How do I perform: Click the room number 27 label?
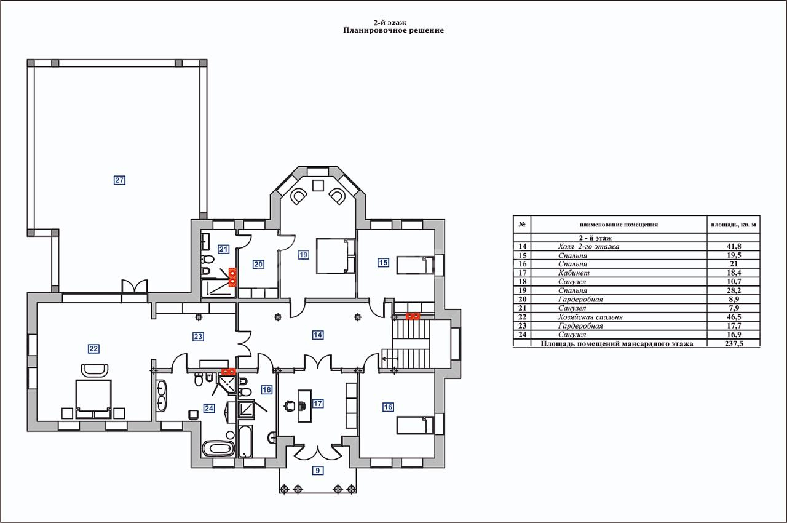click(x=119, y=180)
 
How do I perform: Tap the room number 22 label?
click(x=93, y=349)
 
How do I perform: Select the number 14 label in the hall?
click(x=317, y=335)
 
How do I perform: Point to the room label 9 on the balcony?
click(x=317, y=471)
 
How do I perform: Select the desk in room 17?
click(x=304, y=405)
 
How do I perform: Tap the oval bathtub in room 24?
click(x=218, y=448)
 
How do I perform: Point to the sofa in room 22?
click(x=95, y=370)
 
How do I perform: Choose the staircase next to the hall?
click(x=413, y=345)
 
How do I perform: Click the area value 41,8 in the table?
click(x=732, y=246)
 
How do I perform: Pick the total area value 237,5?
click(x=732, y=344)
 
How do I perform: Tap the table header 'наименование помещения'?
click(x=618, y=225)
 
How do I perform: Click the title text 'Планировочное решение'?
click(x=393, y=30)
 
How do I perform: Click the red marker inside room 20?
click(x=232, y=277)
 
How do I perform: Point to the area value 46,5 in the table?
click(x=732, y=317)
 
